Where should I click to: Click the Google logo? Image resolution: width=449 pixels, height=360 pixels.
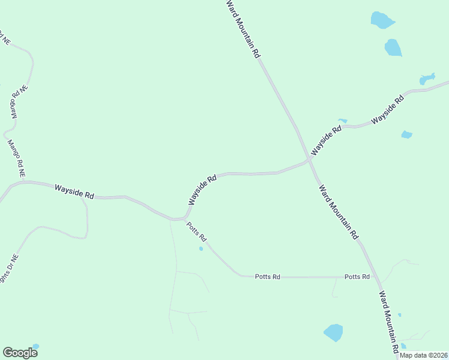(x=20, y=353)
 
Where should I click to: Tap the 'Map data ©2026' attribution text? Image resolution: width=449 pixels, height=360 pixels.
(x=423, y=355)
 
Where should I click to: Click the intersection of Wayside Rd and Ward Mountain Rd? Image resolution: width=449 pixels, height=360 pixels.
(x=309, y=160)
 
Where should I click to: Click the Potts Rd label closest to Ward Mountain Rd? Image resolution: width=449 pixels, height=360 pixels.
(x=357, y=277)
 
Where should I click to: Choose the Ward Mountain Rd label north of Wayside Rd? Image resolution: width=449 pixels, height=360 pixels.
(x=243, y=28)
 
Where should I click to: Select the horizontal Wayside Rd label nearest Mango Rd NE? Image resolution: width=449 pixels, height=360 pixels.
(x=74, y=191)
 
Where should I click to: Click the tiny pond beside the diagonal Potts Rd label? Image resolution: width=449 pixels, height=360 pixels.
(x=201, y=248)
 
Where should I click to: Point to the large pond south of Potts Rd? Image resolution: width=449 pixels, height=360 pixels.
(x=333, y=332)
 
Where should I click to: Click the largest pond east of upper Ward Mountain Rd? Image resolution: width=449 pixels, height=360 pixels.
(x=382, y=20)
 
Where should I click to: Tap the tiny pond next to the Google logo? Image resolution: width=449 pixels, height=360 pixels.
(x=35, y=347)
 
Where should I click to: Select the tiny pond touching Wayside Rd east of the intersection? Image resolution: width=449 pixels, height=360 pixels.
(x=343, y=121)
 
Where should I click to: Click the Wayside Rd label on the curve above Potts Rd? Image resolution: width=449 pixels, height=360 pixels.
(x=202, y=190)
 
